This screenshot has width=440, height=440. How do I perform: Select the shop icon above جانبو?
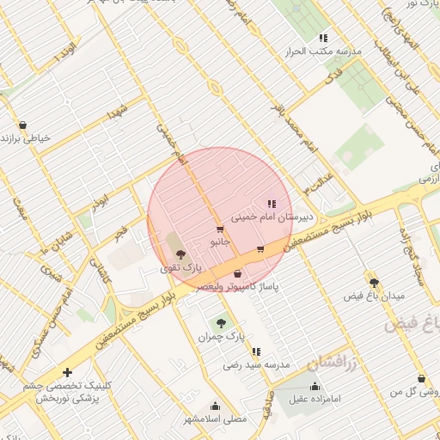click(220, 229)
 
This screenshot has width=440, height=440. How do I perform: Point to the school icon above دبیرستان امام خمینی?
click(272, 205)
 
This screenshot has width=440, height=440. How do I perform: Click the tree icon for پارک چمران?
click(222, 323)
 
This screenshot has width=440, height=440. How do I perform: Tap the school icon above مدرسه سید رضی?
click(256, 351)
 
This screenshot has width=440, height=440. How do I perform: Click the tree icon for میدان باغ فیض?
click(373, 282)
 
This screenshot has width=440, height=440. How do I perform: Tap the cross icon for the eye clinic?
click(68, 372)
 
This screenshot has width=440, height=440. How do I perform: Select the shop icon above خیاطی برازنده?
click(22, 124)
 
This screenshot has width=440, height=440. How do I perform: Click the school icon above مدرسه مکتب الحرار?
click(323, 38)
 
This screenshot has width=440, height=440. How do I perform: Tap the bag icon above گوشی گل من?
click(421, 378)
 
